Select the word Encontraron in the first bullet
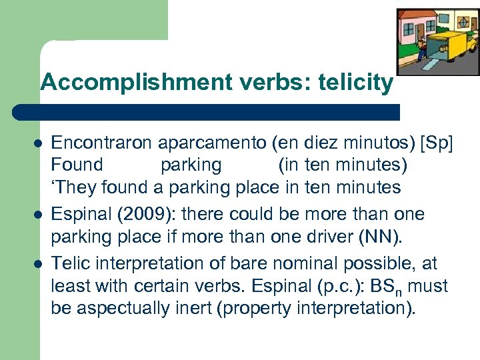tap(94, 141)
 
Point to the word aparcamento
tap(187, 141)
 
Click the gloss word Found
tap(77, 164)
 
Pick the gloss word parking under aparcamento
tap(191, 164)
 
